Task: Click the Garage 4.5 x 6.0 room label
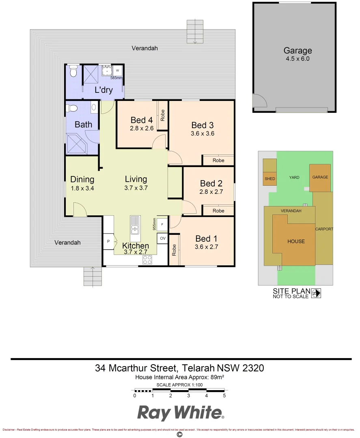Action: coord(297,54)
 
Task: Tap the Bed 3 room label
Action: coord(202,129)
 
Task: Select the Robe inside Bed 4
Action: coord(162,116)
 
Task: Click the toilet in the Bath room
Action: coord(73,108)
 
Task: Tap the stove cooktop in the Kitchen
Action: coord(147,260)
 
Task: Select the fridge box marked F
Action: coord(162,224)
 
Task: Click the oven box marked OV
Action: coord(163,238)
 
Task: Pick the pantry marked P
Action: coord(108,241)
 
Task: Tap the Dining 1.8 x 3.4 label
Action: coord(82,183)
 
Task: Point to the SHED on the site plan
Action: coord(269,179)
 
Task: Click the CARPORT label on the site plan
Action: coord(324,229)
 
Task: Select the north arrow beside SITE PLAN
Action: coord(316,293)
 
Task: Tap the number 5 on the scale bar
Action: coord(224,395)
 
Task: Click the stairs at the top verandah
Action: coord(194,31)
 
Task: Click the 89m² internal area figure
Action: coord(218,377)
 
